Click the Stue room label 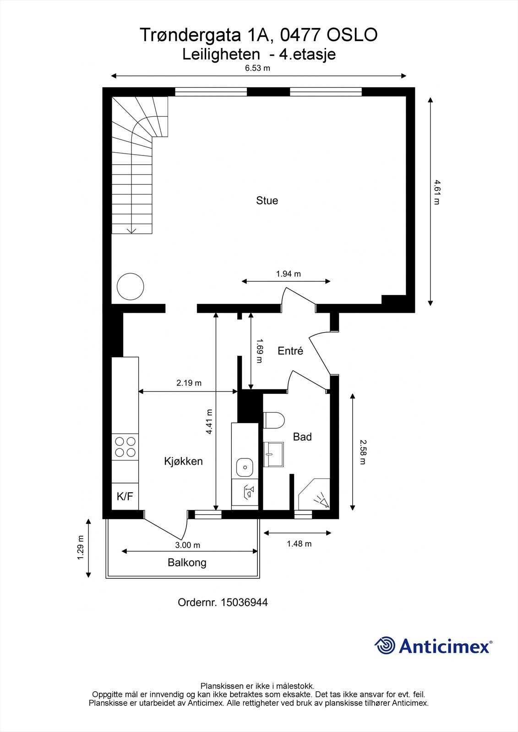pyautogui.click(x=267, y=200)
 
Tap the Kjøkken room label pyautogui.click(x=183, y=461)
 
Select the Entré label pyautogui.click(x=290, y=351)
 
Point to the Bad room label pyautogui.click(x=302, y=437)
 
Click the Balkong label pyautogui.click(x=187, y=562)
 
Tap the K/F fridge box pyautogui.click(x=125, y=496)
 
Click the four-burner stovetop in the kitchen pyautogui.click(x=125, y=447)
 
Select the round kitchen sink pyautogui.click(x=245, y=467)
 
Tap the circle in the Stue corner pyautogui.click(x=131, y=286)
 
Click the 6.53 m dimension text pyautogui.click(x=257, y=69)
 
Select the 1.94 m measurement pyautogui.click(x=288, y=274)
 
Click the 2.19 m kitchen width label pyautogui.click(x=189, y=383)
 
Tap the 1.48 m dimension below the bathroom pyautogui.click(x=299, y=544)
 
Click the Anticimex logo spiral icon pyautogui.click(x=385, y=646)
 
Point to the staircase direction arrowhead pyautogui.click(x=132, y=231)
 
